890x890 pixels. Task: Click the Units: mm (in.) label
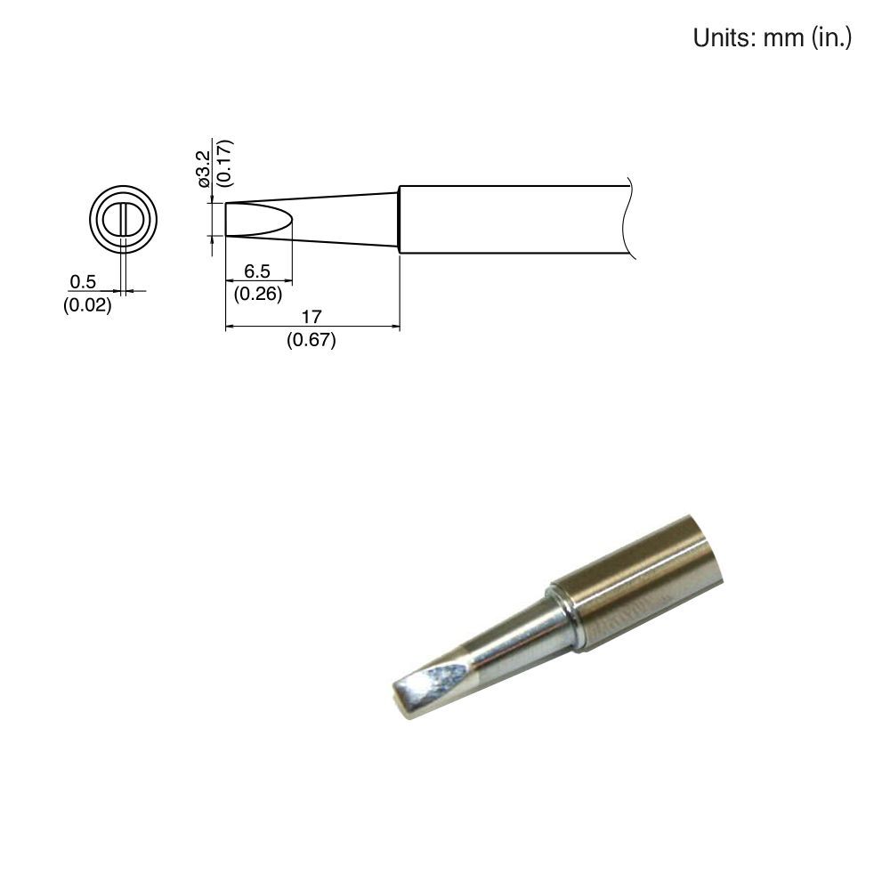pos(773,38)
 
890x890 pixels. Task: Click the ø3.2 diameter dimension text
pos(204,168)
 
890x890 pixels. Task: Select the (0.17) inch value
pos(223,162)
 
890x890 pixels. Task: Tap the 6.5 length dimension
pos(256,273)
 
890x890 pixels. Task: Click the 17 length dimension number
pos(311,316)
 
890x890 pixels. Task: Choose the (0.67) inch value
pos(311,340)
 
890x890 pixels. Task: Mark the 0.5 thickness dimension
pos(83,282)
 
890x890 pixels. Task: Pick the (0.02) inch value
pos(87,306)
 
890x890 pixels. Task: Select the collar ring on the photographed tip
pos(566,619)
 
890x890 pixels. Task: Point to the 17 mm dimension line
pos(311,328)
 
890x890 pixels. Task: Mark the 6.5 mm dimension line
pos(258,283)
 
